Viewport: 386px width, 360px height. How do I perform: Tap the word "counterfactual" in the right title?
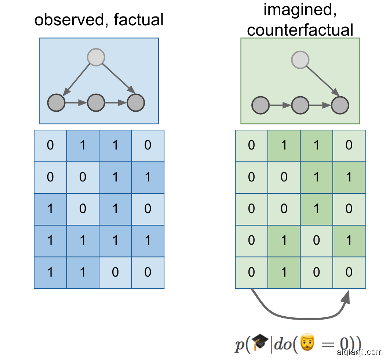coord(300,30)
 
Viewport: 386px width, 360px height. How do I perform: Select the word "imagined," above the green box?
coord(300,10)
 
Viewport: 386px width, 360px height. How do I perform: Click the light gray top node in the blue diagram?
coord(96,58)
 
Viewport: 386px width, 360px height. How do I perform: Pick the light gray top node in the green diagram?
coord(300,59)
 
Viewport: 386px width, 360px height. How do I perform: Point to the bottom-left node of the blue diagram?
coord(57,103)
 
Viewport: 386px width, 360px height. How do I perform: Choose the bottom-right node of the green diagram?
coord(340,106)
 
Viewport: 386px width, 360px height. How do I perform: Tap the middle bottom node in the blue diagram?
coord(96,103)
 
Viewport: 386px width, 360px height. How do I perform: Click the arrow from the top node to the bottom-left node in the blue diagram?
coord(77,79)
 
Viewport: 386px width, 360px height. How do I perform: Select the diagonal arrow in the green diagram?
coord(321,81)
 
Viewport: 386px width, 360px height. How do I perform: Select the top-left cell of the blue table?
coord(50,145)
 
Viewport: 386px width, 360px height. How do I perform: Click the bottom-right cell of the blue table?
coord(148,273)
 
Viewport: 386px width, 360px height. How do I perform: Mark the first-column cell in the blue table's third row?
coord(50,209)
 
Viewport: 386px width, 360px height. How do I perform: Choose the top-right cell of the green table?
coord(349,145)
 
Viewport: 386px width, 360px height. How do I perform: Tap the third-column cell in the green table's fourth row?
coord(316,241)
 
